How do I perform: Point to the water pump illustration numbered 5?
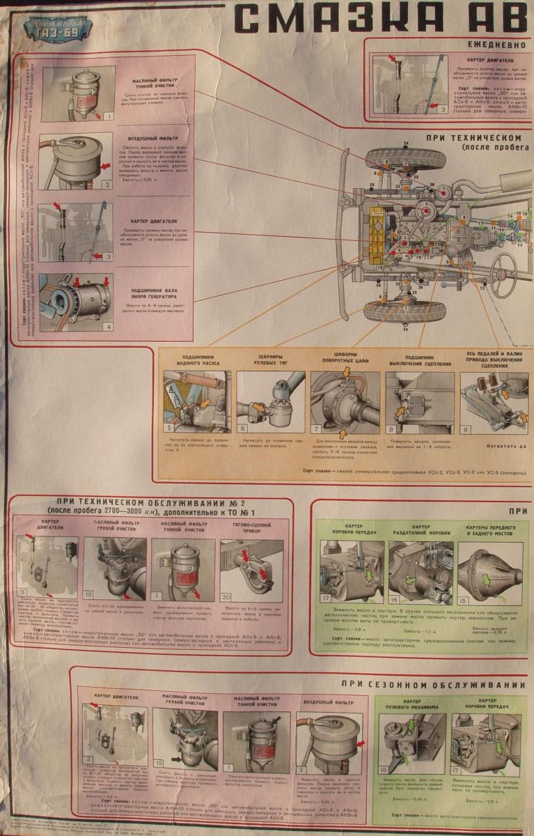pos(196,403)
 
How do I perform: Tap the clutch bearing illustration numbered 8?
pos(420,403)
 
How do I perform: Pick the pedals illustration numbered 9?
pos(492,404)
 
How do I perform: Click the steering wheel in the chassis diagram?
pos(503,267)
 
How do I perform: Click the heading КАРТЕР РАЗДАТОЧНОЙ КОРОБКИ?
pos(421,531)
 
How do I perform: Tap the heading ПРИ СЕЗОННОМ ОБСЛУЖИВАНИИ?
pos(434,684)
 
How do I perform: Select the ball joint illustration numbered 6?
pos(271,403)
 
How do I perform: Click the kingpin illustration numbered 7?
pos(345,403)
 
